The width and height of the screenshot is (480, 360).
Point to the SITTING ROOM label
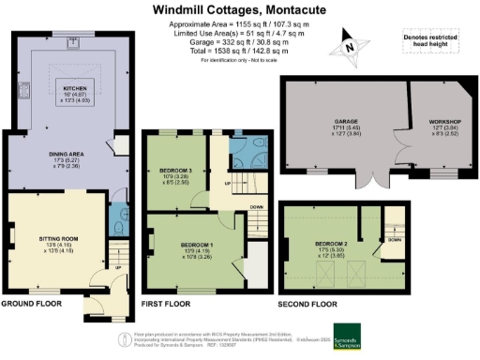tap(55, 239)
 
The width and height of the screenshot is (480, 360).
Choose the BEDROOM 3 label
tap(174, 171)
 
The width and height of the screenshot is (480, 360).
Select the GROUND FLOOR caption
tap(34, 305)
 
